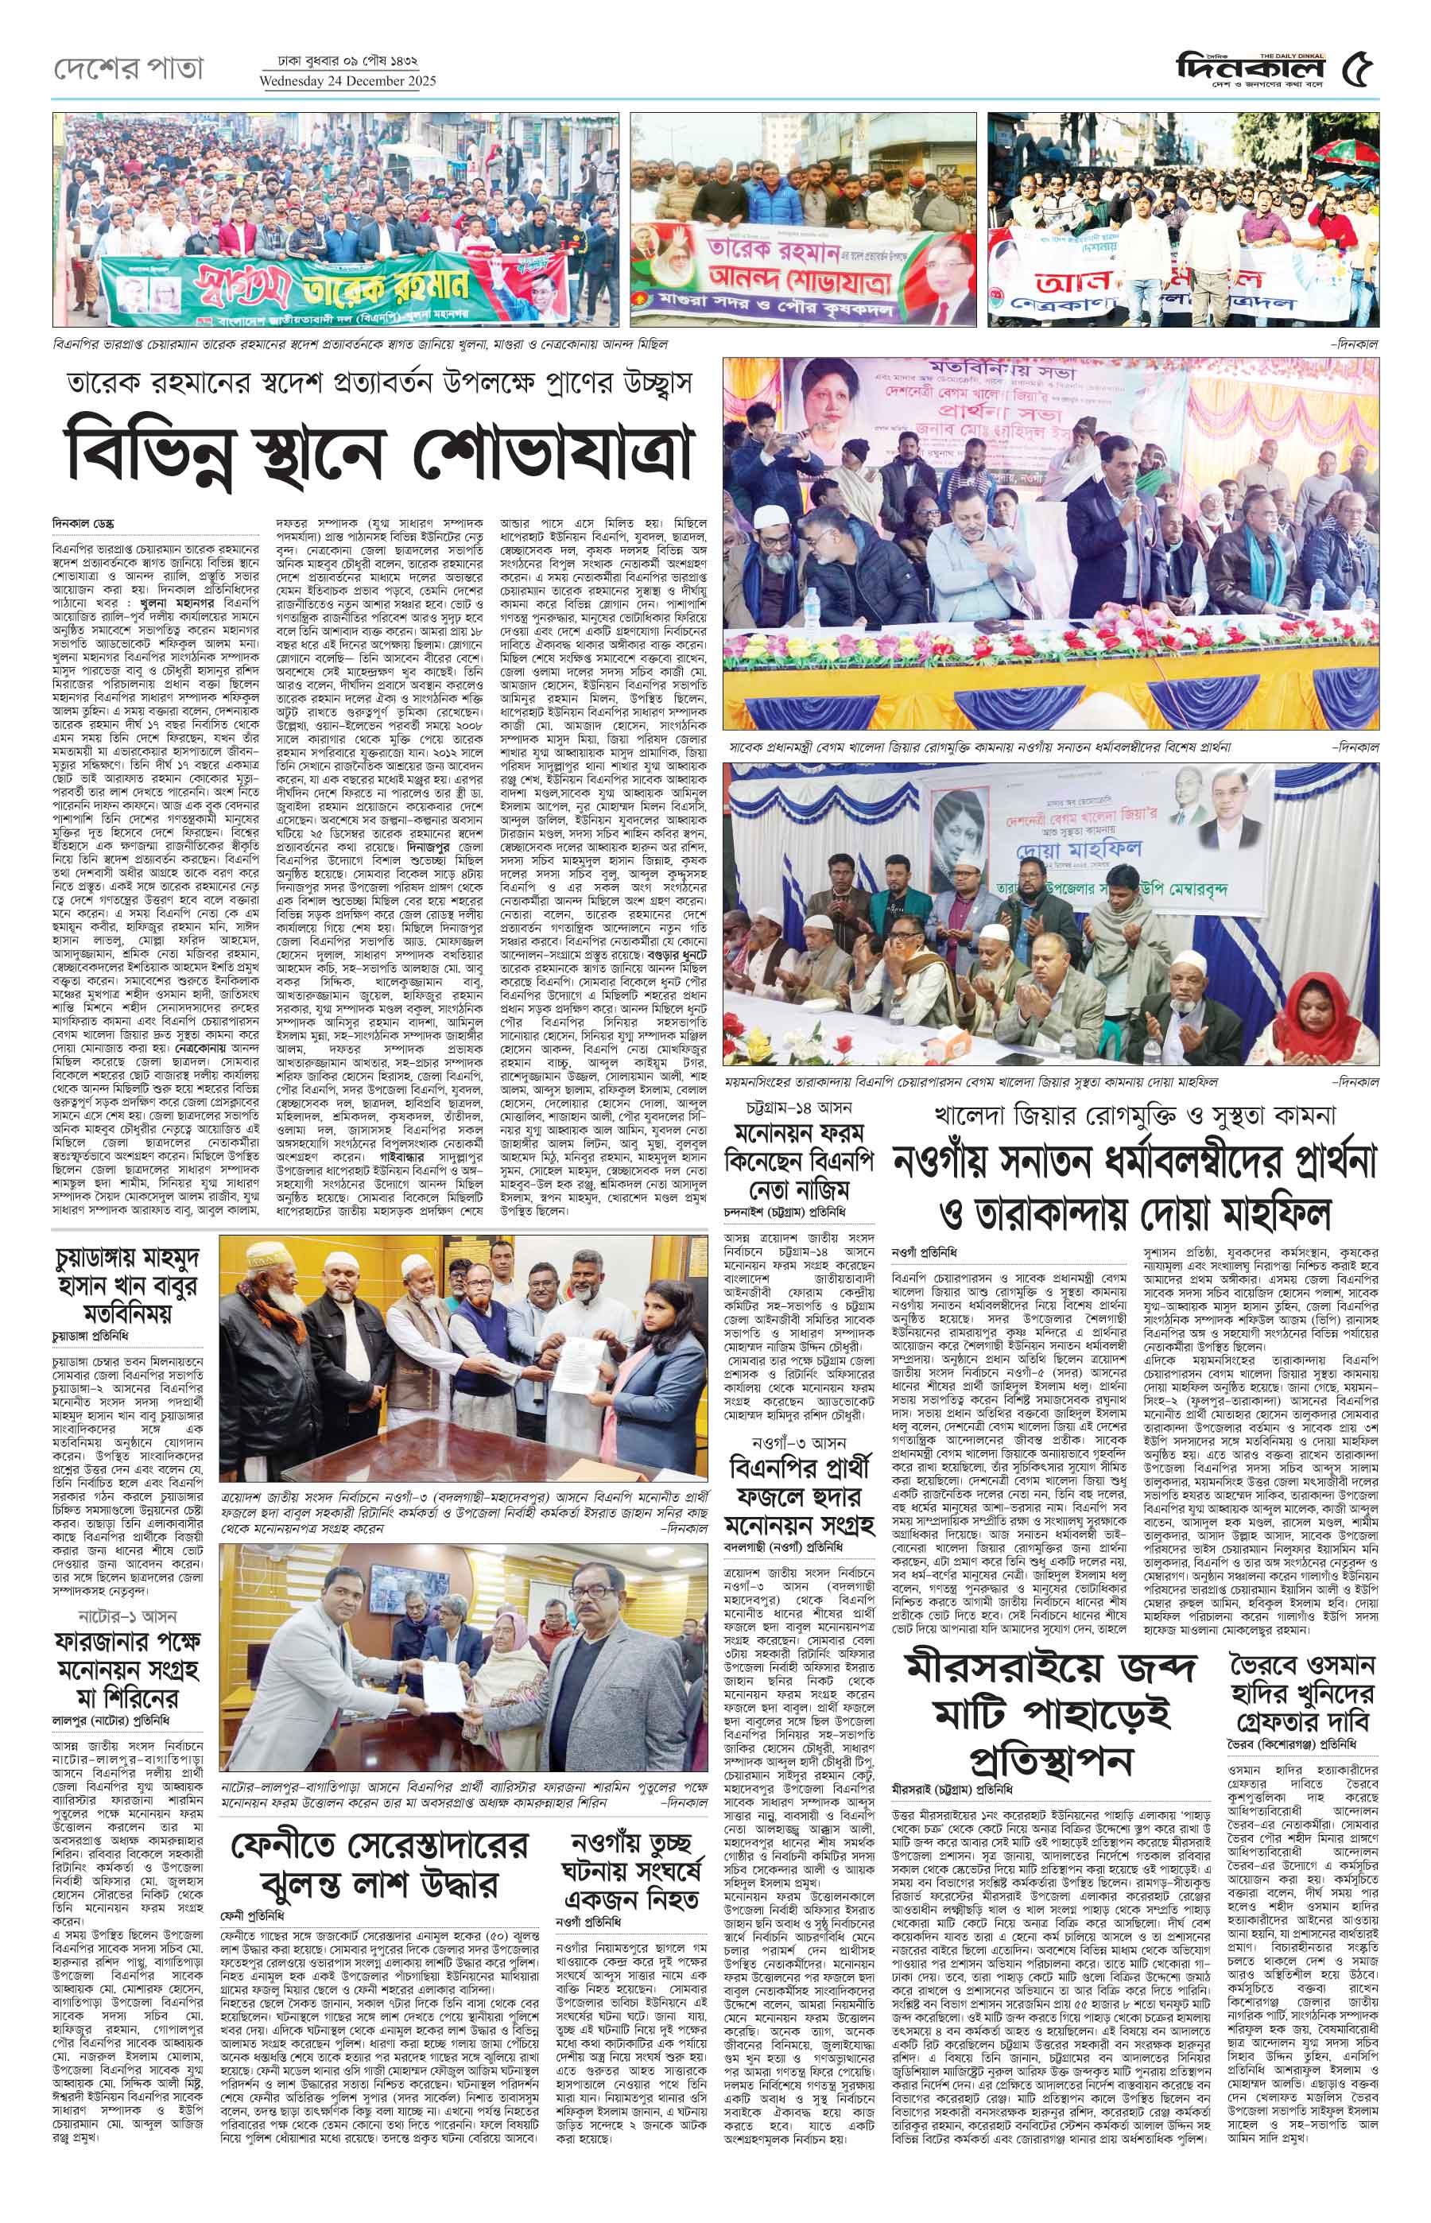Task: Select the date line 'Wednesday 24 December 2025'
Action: click(349, 81)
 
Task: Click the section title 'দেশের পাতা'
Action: click(127, 68)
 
